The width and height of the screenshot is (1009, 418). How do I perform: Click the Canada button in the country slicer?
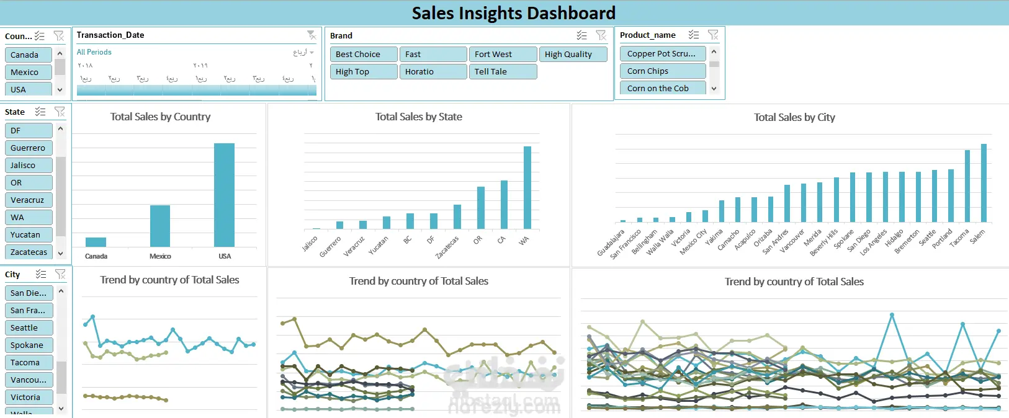[x=28, y=55]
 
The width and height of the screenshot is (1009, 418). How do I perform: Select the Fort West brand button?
[x=502, y=55]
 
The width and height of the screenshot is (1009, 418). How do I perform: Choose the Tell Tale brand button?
[x=502, y=72]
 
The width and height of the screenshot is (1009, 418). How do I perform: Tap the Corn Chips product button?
[x=662, y=71]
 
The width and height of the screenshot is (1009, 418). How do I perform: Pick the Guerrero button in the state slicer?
[x=28, y=148]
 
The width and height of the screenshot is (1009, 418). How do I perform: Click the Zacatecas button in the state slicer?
[x=28, y=252]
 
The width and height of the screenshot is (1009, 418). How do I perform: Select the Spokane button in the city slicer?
[x=28, y=345]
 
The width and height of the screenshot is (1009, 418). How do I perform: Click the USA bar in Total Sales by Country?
[x=224, y=195]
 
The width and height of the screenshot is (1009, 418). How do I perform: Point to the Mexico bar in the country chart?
[x=160, y=226]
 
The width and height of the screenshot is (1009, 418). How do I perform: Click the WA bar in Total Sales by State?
[x=527, y=187]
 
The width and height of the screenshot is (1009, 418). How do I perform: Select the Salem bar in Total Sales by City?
[x=984, y=183]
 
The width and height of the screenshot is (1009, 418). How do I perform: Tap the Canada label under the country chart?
[x=96, y=256]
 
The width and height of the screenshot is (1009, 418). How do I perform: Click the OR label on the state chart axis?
[x=477, y=240]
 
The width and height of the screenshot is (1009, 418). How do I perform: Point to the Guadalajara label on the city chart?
[x=611, y=243]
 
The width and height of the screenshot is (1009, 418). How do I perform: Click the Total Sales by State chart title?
[x=418, y=117]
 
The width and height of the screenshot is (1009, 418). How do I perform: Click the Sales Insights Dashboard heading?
[x=513, y=13]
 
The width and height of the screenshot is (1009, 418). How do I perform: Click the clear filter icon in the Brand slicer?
[x=601, y=35]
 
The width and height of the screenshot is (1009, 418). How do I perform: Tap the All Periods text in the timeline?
[x=94, y=52]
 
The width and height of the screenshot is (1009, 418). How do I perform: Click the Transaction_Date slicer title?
[x=110, y=35]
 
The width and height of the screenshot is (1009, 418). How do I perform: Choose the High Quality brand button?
[x=572, y=55]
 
